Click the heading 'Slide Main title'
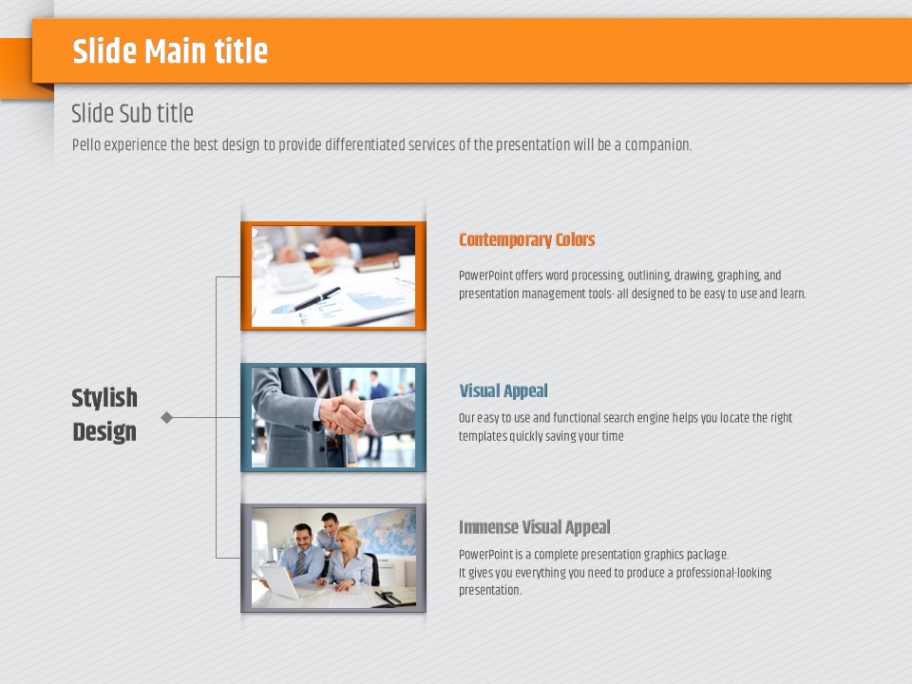click(x=170, y=51)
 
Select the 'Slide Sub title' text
click(x=132, y=113)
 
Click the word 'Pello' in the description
click(x=86, y=144)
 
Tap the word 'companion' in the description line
click(x=657, y=145)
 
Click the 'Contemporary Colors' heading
click(x=527, y=239)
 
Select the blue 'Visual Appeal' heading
click(x=503, y=390)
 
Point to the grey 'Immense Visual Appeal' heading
click(x=535, y=527)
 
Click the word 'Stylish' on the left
click(x=104, y=398)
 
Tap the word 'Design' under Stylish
click(x=104, y=432)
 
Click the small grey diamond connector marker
click(x=167, y=417)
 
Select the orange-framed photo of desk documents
click(x=333, y=275)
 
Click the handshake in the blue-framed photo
click(x=342, y=415)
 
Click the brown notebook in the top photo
click(x=377, y=262)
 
